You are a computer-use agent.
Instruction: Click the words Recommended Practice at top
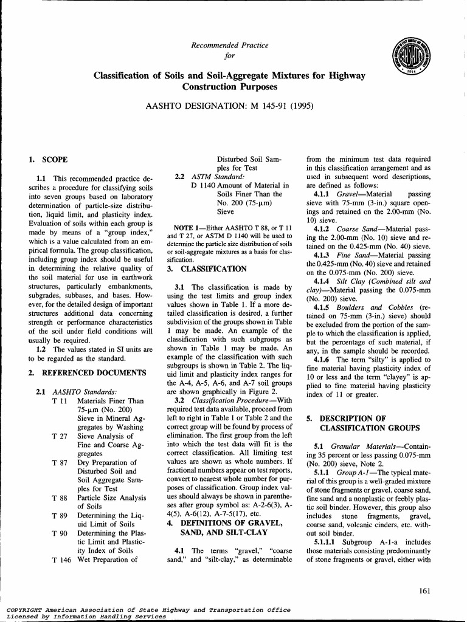(x=230, y=46)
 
